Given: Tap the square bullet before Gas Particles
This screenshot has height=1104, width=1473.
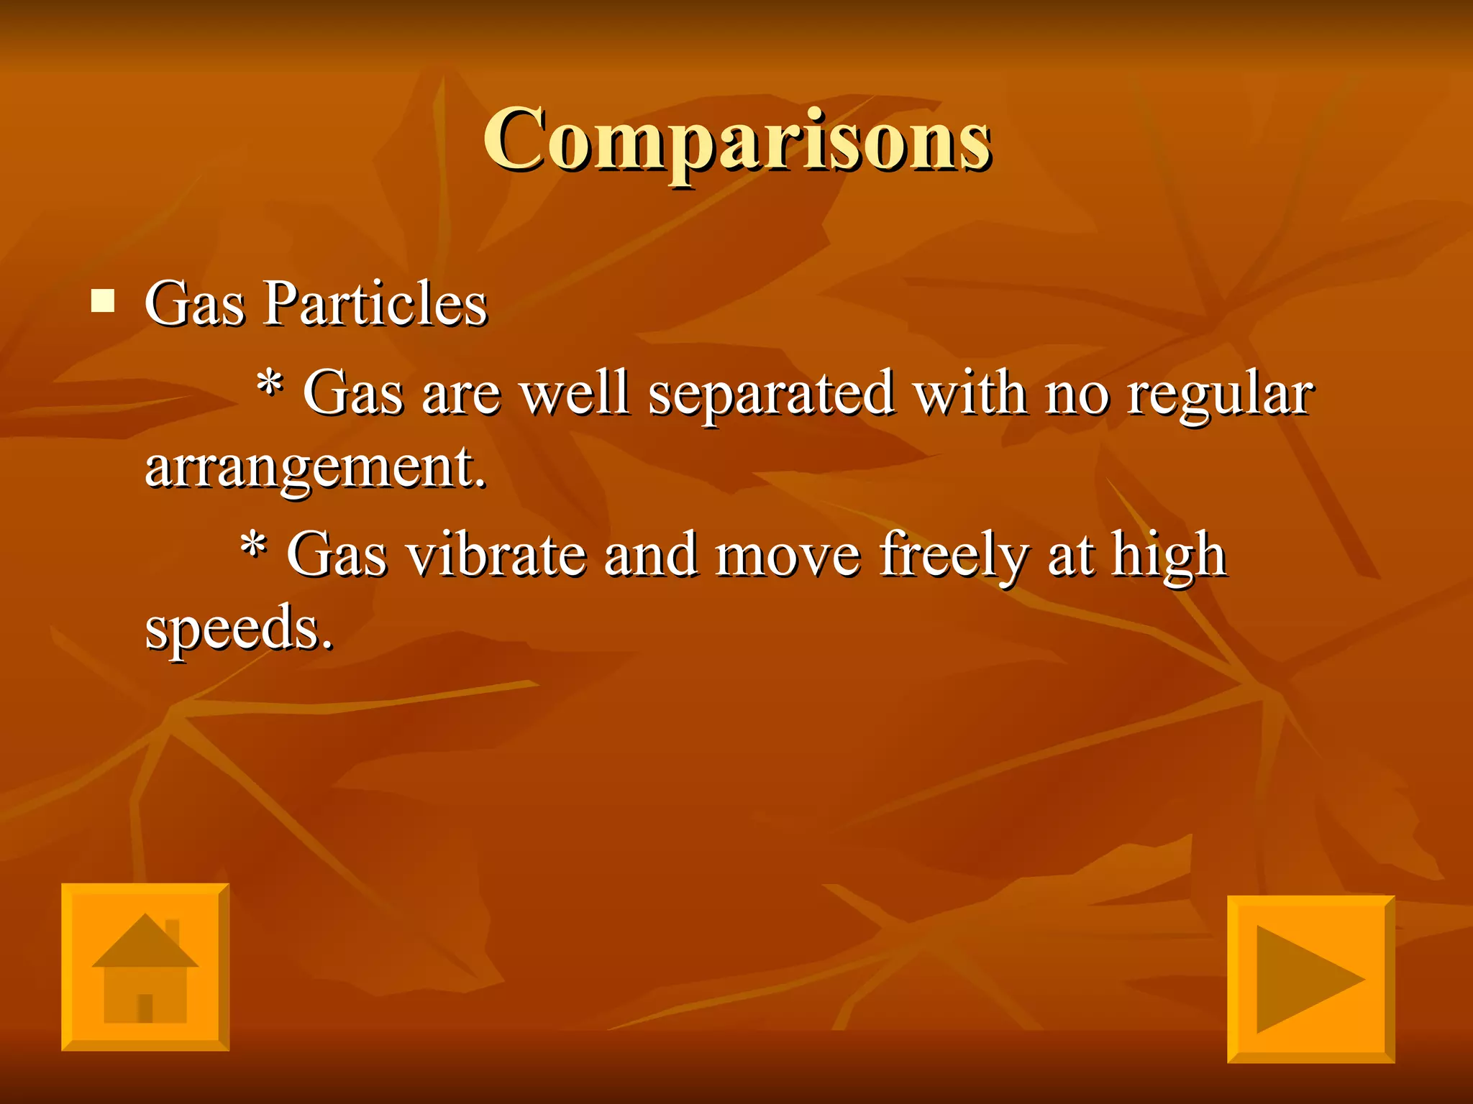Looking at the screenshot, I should coord(103,300).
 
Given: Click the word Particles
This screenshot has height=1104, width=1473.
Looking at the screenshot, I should coord(376,303).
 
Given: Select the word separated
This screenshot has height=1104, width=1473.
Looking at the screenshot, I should coord(771,395).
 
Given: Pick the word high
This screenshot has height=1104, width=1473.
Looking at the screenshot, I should coord(1168,556).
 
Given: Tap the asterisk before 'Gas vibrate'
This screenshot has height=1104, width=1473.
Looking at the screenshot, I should coord(253,548).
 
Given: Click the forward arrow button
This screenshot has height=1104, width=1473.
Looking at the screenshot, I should coord(1310,979).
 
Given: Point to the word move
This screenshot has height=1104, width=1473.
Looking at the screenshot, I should coord(788,556).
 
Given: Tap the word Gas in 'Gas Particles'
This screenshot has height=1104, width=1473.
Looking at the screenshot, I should coord(194,303).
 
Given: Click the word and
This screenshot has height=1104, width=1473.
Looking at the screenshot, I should coord(651,555).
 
